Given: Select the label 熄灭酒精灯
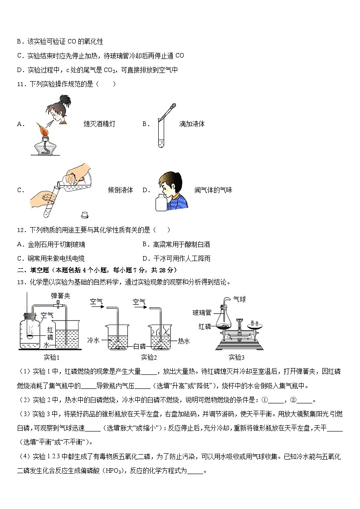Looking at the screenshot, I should click(x=97, y=124).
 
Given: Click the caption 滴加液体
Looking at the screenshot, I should click(x=192, y=124).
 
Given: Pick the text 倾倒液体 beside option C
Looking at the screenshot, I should click(x=121, y=190).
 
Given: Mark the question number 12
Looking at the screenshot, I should click(x=20, y=230).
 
